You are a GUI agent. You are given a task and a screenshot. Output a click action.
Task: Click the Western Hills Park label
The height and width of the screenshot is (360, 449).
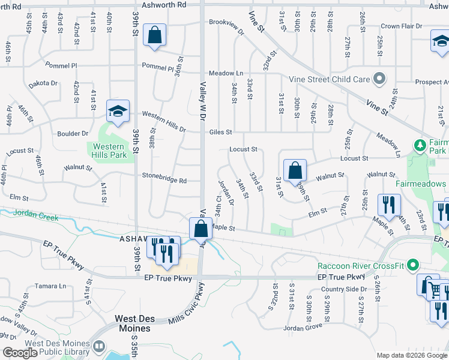point(109,151)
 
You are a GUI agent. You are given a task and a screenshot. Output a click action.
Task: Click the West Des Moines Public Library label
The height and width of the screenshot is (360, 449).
point(57,348)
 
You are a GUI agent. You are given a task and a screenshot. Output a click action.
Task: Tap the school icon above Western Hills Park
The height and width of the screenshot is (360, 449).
point(118,110)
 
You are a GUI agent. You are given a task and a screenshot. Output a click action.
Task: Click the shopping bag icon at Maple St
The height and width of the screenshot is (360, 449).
point(200,229)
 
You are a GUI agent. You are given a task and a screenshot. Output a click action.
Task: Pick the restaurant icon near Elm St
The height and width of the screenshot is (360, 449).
point(389,205)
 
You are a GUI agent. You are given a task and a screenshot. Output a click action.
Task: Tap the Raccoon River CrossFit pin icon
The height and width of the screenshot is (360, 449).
point(412,265)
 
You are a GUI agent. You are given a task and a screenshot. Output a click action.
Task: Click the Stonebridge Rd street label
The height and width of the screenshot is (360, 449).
point(164,179)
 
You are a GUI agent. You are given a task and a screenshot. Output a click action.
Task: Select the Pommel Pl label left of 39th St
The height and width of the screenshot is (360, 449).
point(61,65)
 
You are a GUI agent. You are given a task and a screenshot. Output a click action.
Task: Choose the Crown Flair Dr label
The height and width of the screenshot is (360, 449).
point(402,26)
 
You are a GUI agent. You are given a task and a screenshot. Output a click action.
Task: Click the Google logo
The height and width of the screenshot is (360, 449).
point(20,353)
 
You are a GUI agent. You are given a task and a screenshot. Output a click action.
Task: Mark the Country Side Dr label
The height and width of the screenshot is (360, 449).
point(343,289)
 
